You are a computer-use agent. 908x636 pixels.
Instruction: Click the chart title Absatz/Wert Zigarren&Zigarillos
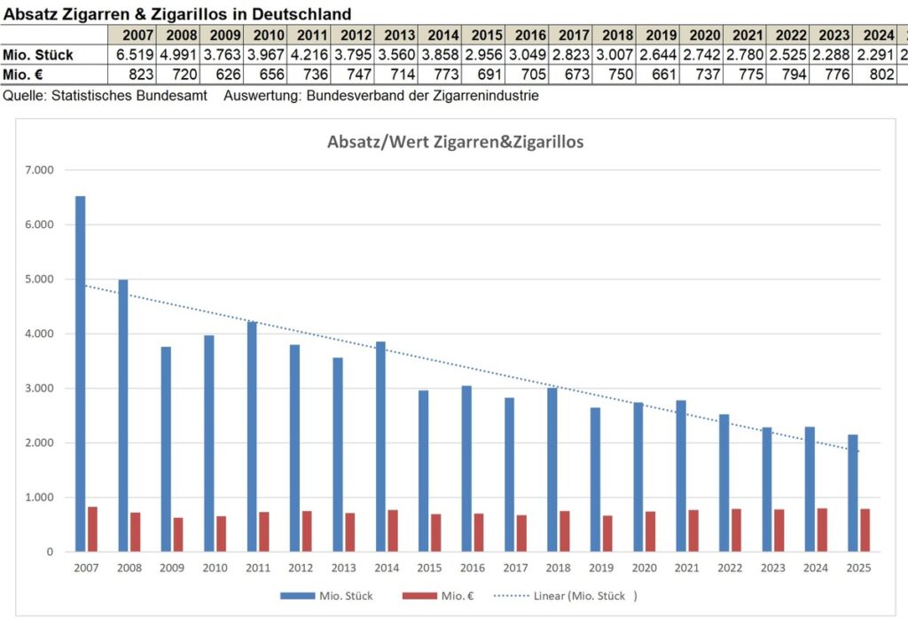(x=455, y=141)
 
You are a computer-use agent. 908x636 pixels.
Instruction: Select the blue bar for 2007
(x=81, y=373)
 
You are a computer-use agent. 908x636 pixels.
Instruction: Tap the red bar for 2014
(x=393, y=530)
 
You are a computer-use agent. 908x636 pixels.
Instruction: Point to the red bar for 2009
(x=178, y=534)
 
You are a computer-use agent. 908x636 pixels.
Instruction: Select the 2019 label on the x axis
(x=602, y=568)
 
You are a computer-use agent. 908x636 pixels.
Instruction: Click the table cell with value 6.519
(x=134, y=55)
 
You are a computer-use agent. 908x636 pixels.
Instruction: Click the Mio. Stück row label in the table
(x=38, y=55)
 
